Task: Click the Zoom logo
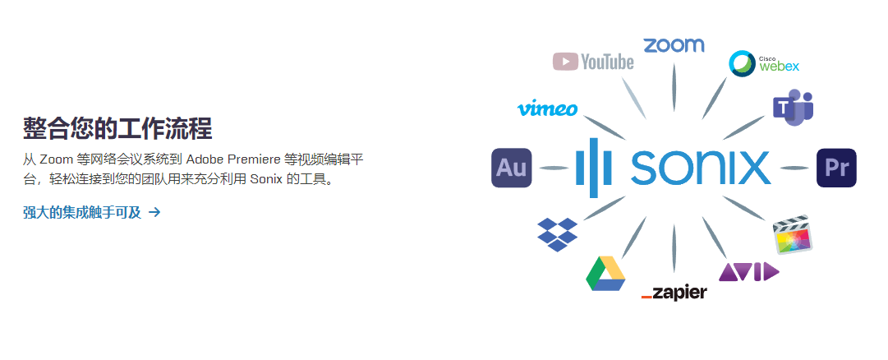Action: [674, 45]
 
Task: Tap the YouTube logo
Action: [593, 61]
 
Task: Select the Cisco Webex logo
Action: [764, 63]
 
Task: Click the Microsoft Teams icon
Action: [793, 108]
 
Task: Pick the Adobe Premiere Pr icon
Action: [836, 168]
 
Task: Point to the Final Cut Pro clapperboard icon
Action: [793, 234]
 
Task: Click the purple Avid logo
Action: [748, 271]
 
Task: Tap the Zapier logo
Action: [674, 293]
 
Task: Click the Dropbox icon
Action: [557, 234]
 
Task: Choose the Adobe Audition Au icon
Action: [512, 168]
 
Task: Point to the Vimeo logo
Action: [547, 108]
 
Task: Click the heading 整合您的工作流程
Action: [117, 128]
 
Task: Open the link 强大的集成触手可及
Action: [82, 213]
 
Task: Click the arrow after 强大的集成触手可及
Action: [154, 213]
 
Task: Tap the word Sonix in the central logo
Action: [701, 168]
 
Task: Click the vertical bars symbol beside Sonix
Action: [594, 168]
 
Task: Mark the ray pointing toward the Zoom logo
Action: [674, 89]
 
